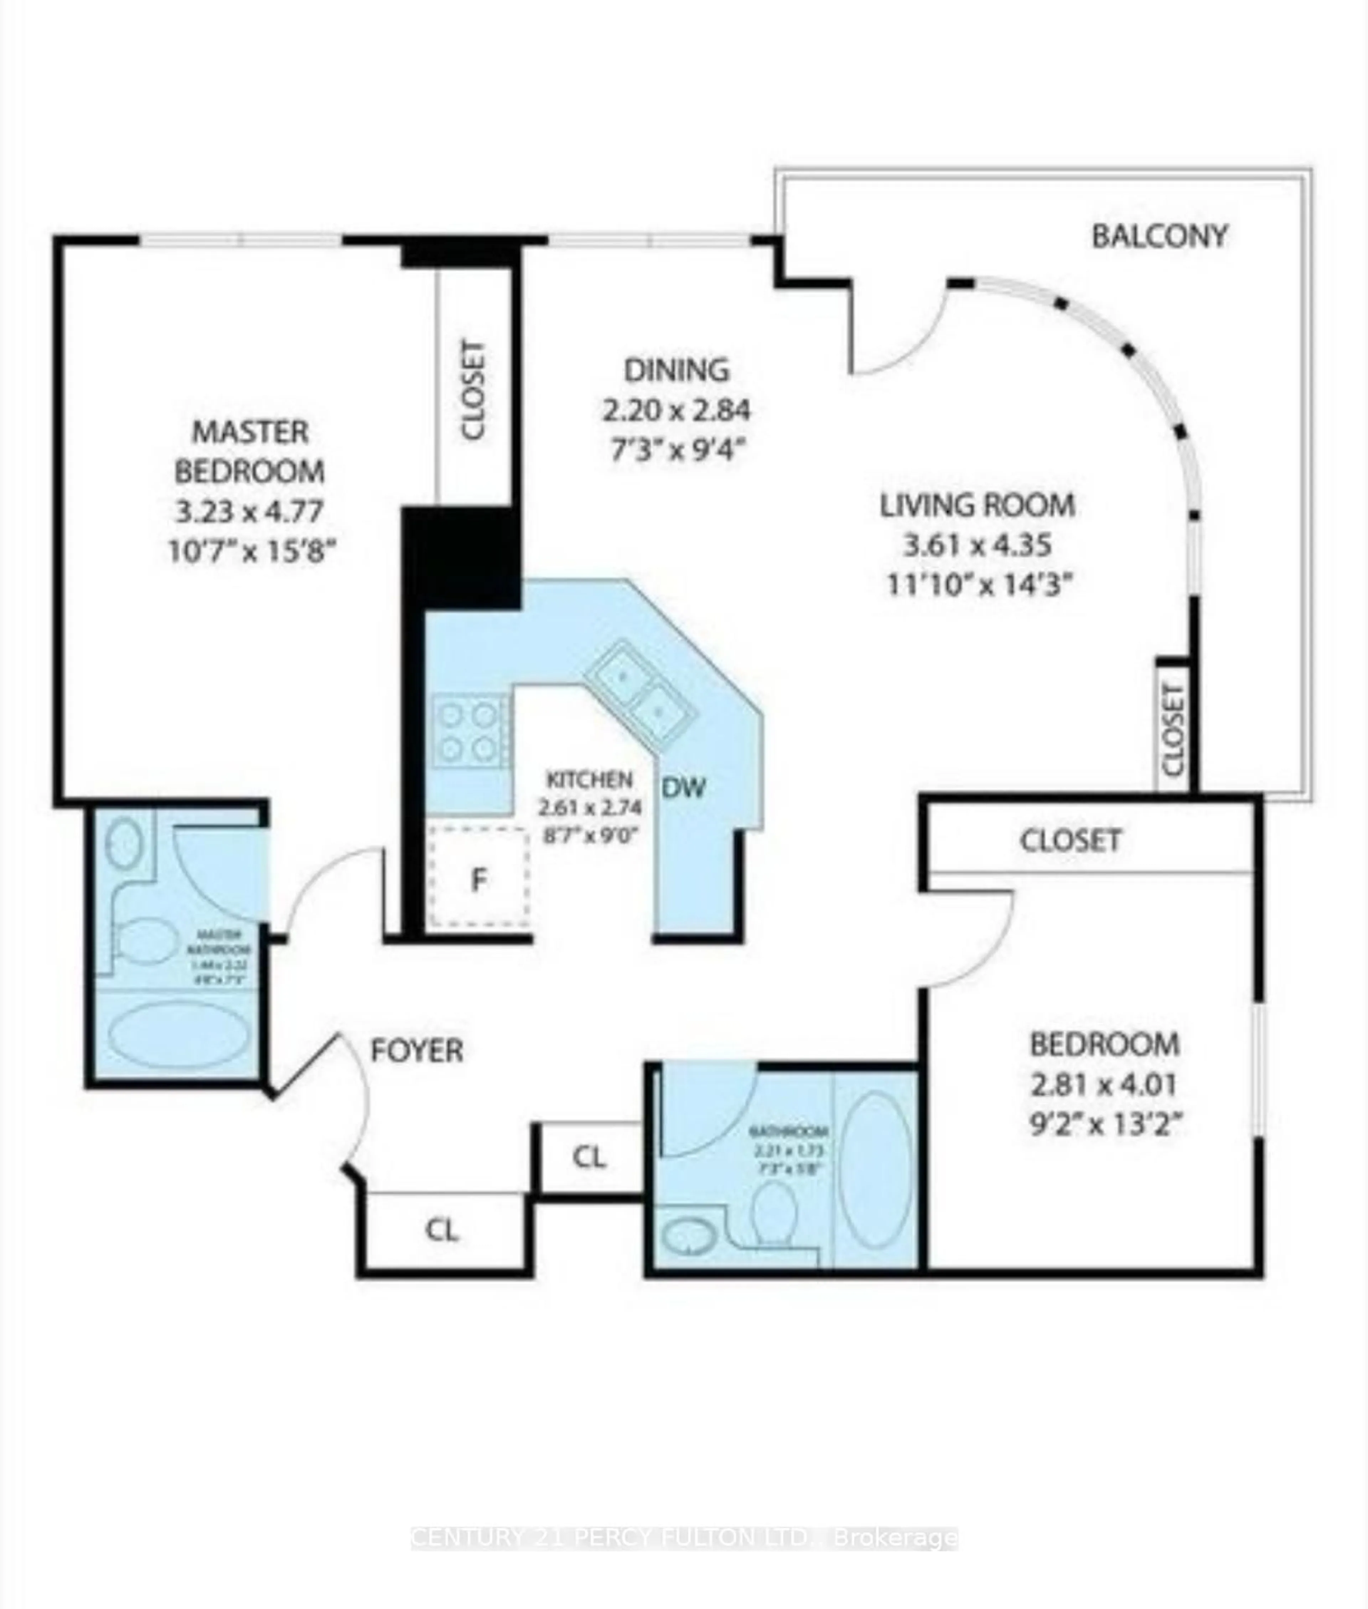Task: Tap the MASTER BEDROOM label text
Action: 250,451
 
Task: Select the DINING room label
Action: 676,370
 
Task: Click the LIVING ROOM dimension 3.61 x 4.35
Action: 977,545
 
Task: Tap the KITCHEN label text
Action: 589,779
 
